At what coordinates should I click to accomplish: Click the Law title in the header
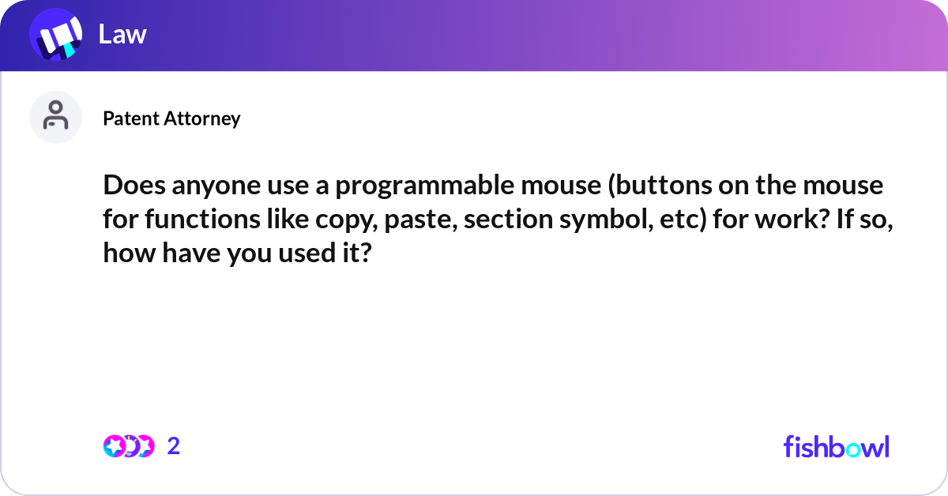pyautogui.click(x=122, y=34)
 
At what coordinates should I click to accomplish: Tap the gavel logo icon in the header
pyautogui.click(x=56, y=36)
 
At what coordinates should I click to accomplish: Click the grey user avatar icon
pyautogui.click(x=55, y=117)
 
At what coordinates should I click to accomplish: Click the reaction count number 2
pyautogui.click(x=174, y=446)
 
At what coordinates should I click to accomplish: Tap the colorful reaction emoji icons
pyautogui.click(x=129, y=446)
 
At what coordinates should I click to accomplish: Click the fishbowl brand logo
pyautogui.click(x=836, y=446)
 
